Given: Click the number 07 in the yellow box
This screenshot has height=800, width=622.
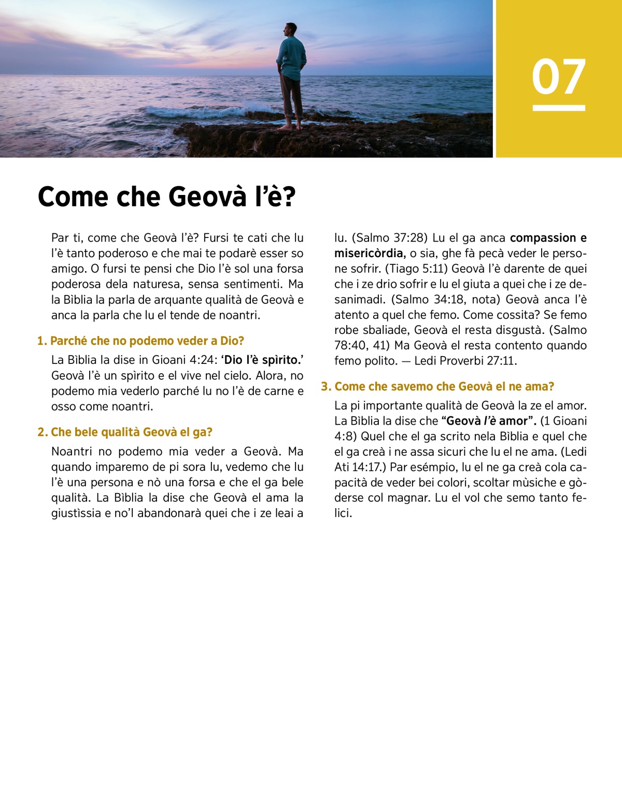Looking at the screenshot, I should (x=558, y=77).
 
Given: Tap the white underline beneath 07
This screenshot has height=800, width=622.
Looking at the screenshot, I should (x=558, y=108).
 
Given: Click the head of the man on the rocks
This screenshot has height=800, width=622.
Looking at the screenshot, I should (x=291, y=29).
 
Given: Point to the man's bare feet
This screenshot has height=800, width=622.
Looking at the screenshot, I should (x=291, y=126).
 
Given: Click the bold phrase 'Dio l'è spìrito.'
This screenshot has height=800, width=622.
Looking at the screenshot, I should (x=262, y=360).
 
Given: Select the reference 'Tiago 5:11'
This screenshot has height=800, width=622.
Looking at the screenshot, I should (x=418, y=269).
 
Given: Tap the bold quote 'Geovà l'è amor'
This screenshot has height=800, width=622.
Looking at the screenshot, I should (x=487, y=421).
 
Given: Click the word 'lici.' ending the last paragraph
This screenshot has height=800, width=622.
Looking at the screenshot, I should (x=343, y=513).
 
